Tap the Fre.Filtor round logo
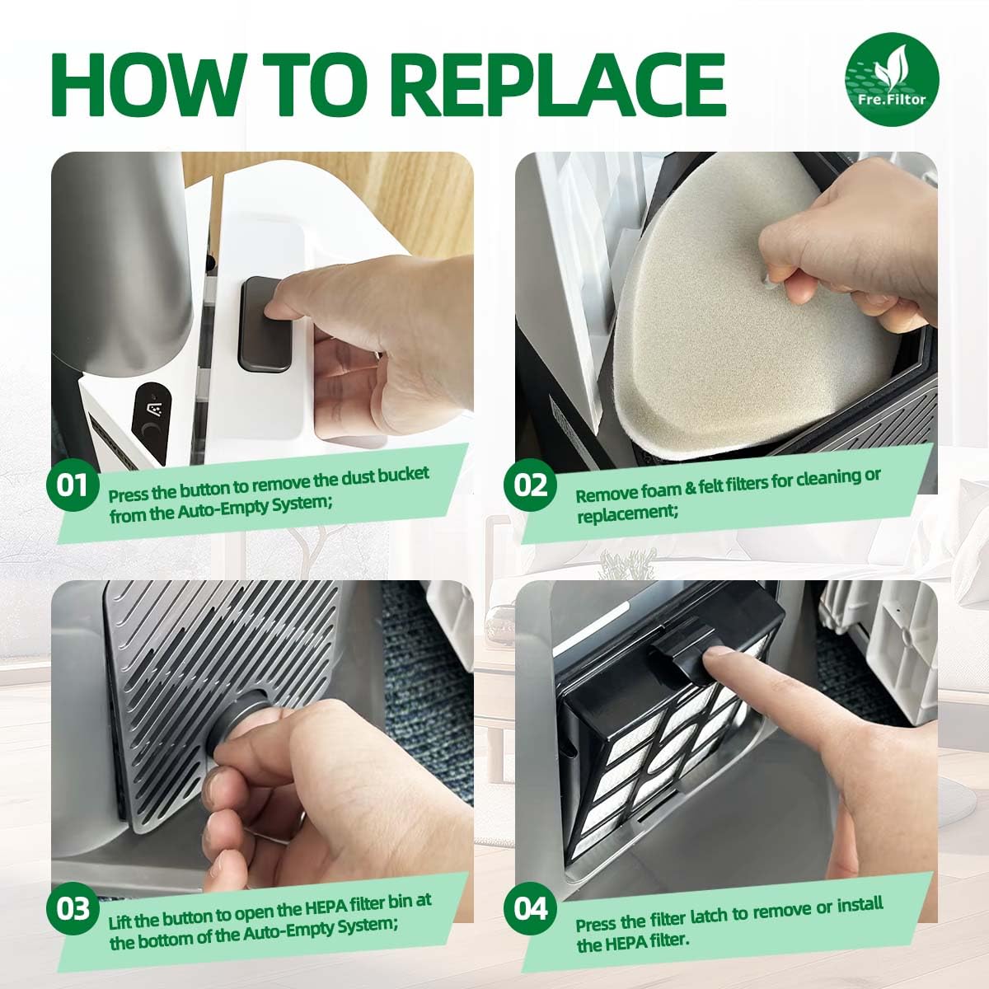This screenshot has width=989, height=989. click(x=892, y=80)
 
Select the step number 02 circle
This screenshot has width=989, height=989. click(x=531, y=485)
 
